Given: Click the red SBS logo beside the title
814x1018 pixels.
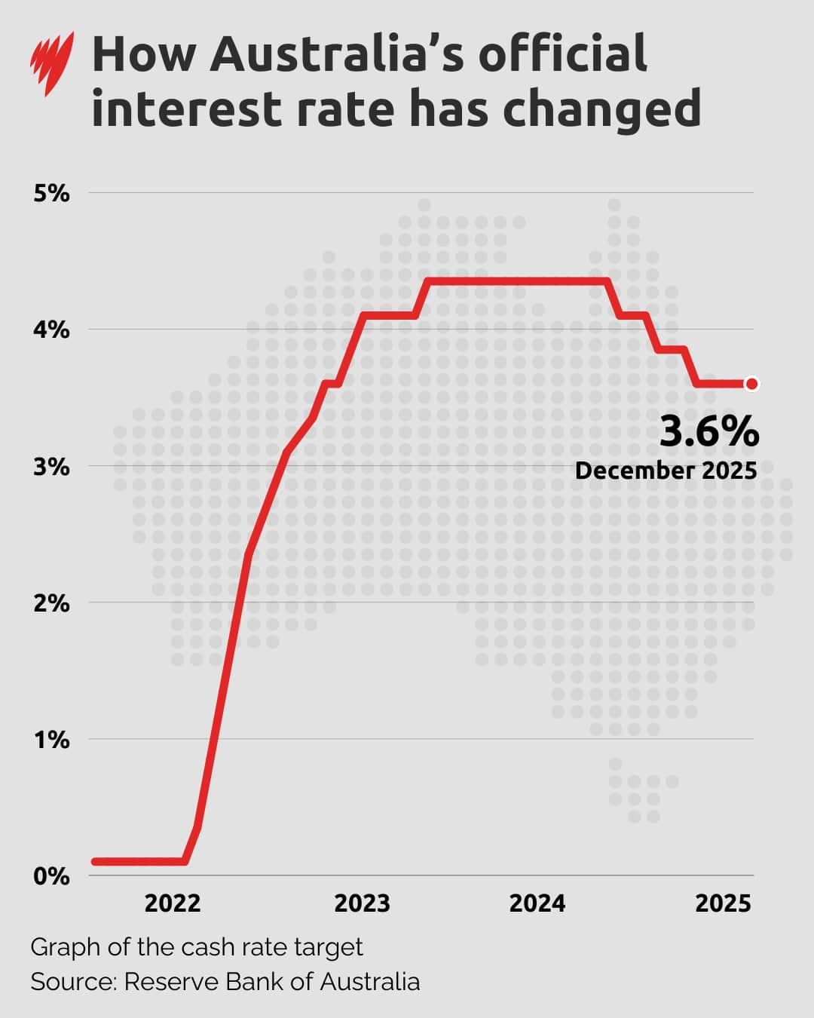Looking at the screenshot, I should (51, 63).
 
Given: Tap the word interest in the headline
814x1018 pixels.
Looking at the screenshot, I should (185, 109).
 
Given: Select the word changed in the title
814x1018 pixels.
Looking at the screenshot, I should (601, 109).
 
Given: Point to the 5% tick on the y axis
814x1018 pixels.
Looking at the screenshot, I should (51, 193).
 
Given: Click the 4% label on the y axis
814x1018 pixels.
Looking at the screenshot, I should (51, 330).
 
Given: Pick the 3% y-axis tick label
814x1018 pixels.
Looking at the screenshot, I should (51, 466).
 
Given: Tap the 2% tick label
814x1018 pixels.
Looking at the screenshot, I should (51, 603).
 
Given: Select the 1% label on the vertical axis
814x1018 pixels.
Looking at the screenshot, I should (51, 739).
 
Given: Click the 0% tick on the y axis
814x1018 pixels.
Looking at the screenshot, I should (51, 875).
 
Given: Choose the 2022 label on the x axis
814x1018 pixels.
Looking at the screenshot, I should (173, 903).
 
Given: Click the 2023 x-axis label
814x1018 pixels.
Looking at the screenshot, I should (362, 903).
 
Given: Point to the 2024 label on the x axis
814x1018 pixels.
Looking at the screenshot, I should (537, 903).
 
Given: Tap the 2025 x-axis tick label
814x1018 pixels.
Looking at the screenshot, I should (723, 903).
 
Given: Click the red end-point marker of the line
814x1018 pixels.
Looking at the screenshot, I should (751, 384).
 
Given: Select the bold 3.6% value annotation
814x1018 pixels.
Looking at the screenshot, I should (709, 432).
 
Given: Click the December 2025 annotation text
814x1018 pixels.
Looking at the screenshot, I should (666, 471).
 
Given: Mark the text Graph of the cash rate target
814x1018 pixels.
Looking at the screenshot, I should (197, 947).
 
